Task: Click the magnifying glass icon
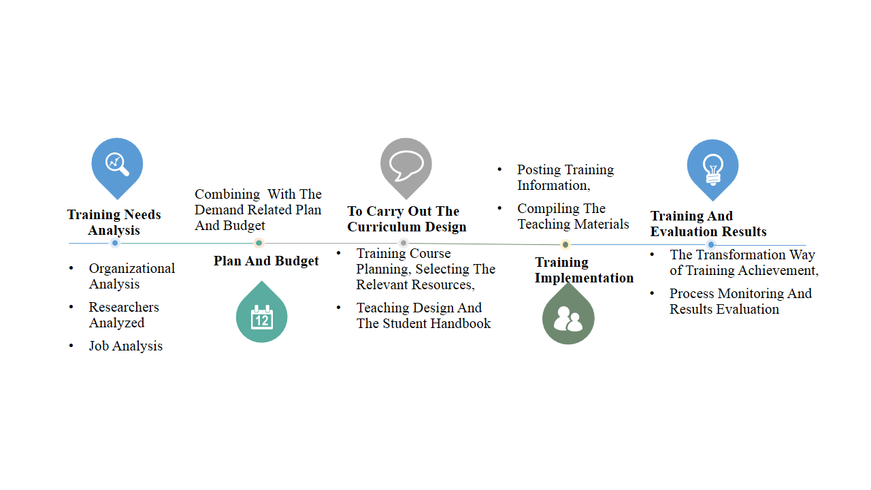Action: pos(117,163)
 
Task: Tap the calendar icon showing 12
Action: pos(261,317)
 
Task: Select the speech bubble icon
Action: pos(406,164)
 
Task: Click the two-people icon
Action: pos(568,318)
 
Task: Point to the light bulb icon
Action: pos(712,166)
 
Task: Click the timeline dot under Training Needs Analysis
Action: pos(115,243)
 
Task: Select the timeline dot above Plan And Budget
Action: pos(259,243)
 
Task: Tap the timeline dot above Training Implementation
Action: pos(565,245)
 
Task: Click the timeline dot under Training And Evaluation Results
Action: pos(711,244)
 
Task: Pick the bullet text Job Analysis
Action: pos(126,346)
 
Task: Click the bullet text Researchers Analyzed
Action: pos(124,314)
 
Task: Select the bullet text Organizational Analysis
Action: pos(131,276)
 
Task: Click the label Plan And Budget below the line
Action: pos(266,261)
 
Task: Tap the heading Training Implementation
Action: pos(584,269)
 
